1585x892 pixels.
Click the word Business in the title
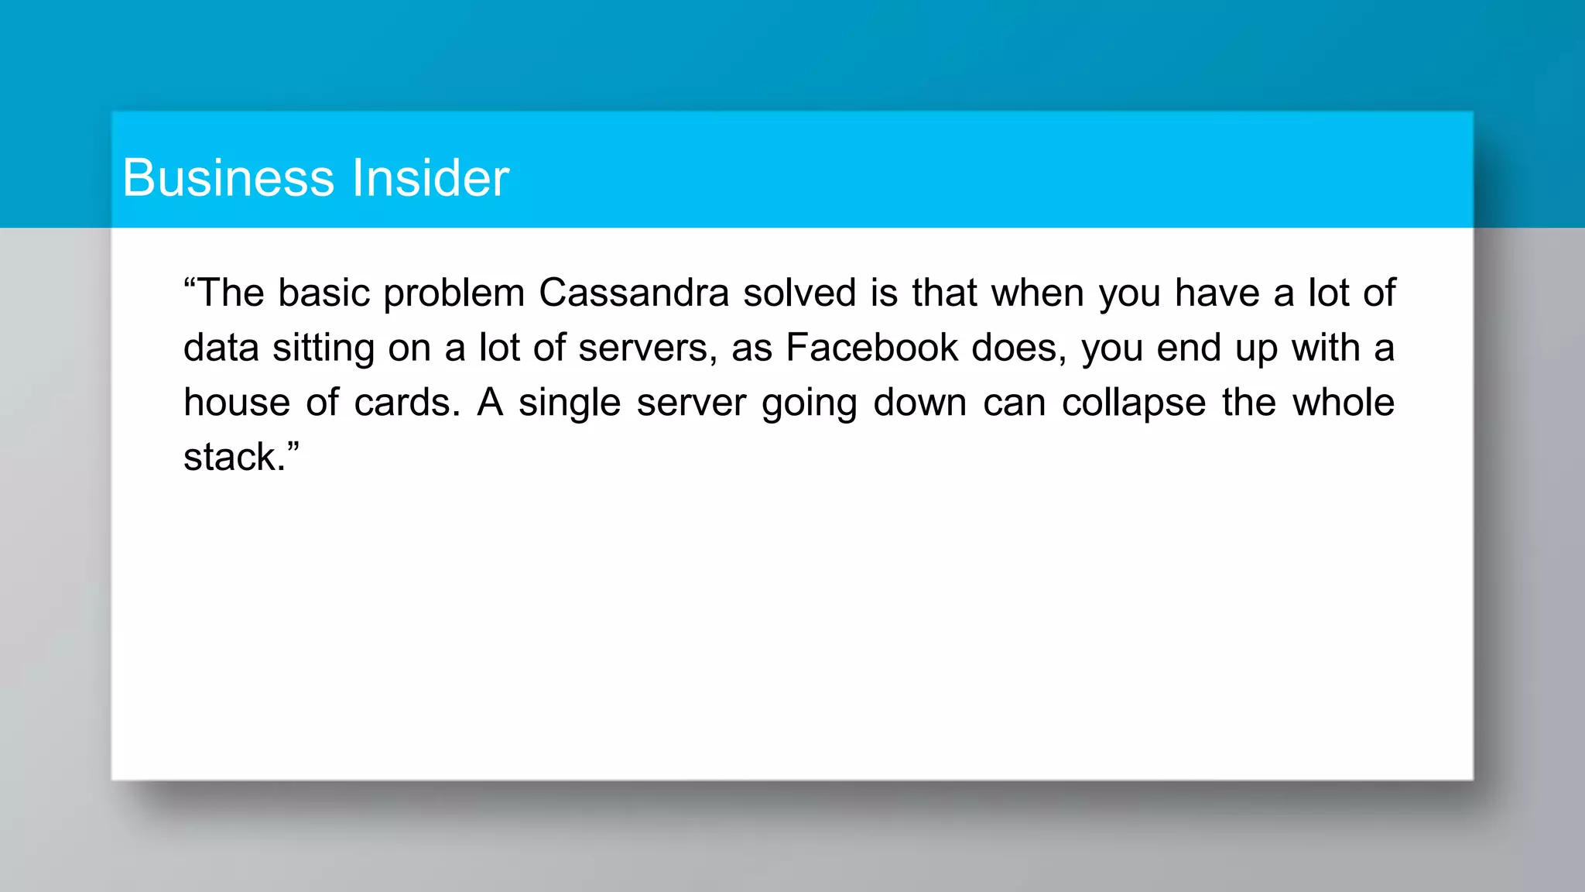point(228,177)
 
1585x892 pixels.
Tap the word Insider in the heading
point(430,177)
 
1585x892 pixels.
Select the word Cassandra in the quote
point(634,293)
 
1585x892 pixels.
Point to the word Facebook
point(872,348)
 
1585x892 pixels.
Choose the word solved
point(799,293)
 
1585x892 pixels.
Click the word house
point(237,403)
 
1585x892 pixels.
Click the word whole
point(1344,403)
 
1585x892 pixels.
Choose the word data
point(221,348)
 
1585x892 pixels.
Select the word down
point(920,403)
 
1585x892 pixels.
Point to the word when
point(1038,293)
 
